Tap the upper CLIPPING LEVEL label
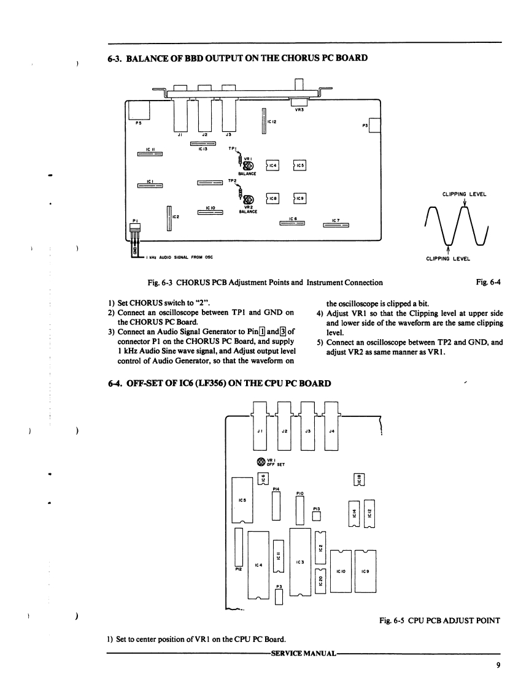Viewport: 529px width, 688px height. [465, 194]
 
